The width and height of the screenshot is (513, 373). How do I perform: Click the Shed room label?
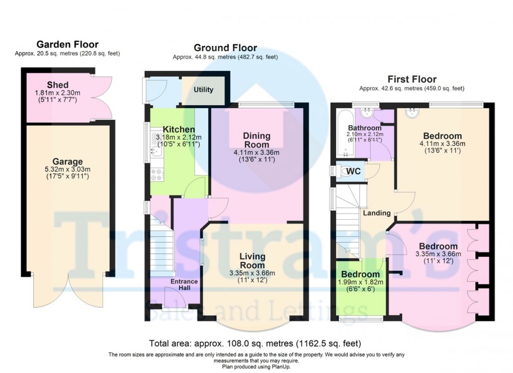[x=58, y=84]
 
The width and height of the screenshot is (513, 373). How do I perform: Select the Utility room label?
[x=203, y=90]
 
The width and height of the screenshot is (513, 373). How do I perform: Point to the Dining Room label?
[x=256, y=140]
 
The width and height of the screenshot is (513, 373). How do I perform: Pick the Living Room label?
[x=252, y=261]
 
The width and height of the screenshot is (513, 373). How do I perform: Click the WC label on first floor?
[x=354, y=171]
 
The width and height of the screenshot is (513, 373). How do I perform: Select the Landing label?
[x=377, y=213]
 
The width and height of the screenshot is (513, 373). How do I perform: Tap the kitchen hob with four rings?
[x=156, y=174]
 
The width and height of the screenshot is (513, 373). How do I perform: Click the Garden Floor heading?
[x=67, y=45]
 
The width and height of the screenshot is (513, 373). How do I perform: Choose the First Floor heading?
[x=411, y=79]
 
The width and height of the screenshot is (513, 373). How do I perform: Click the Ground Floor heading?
[x=225, y=48]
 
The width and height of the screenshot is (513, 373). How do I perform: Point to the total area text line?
[x=255, y=344]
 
